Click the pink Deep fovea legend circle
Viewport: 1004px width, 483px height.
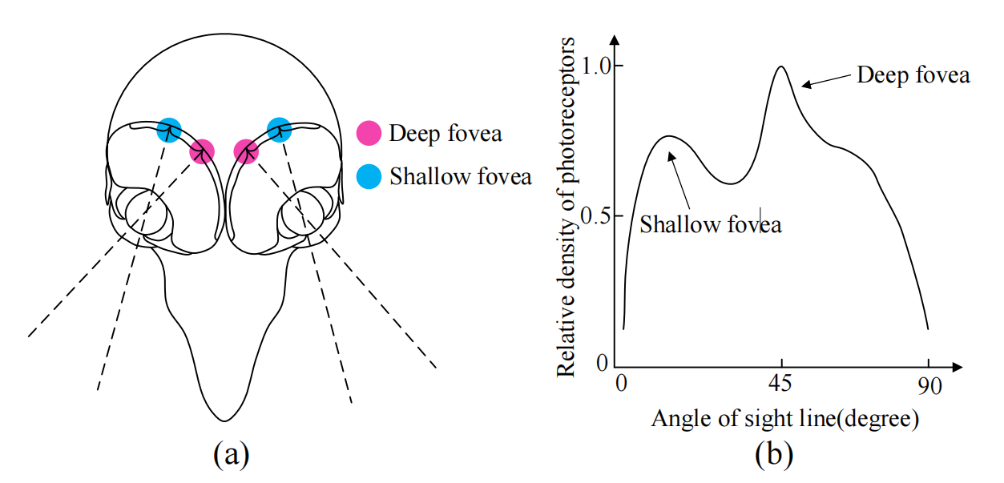(x=369, y=133)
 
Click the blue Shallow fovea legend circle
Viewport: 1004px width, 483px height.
(x=369, y=176)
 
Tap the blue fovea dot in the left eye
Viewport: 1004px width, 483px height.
(x=169, y=128)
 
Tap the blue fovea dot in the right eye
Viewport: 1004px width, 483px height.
(x=279, y=128)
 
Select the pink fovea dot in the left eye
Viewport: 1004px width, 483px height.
(x=202, y=151)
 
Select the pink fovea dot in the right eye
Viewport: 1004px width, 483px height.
(x=246, y=151)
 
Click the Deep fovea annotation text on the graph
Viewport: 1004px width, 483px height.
(x=913, y=75)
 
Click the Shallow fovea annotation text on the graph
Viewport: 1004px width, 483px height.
(x=710, y=224)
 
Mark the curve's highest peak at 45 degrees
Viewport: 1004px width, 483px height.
(x=780, y=66)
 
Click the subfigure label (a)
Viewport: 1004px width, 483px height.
(x=231, y=454)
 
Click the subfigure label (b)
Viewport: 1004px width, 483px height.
(x=774, y=454)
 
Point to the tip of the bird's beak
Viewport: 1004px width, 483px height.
(x=225, y=419)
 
